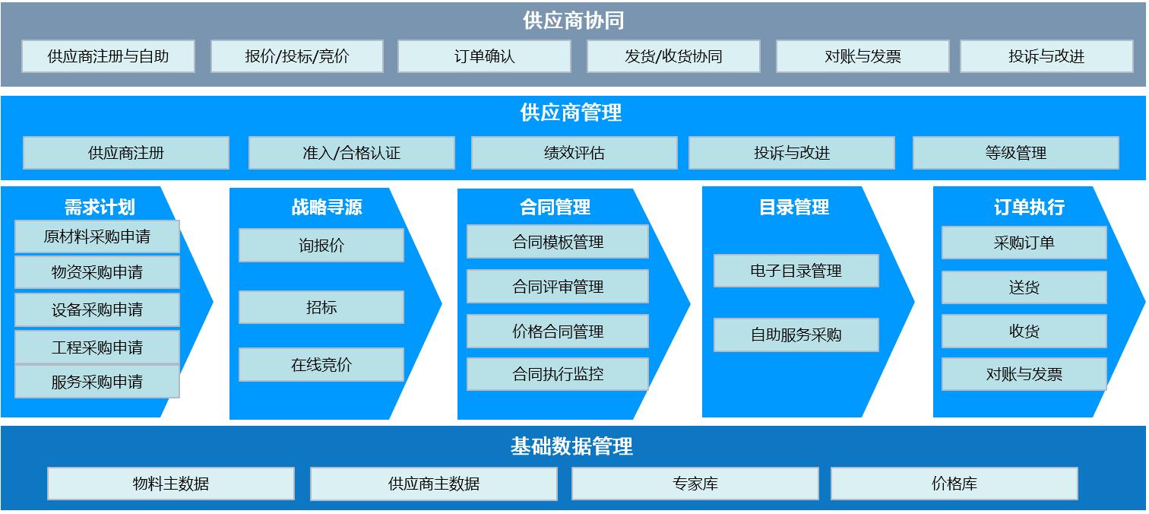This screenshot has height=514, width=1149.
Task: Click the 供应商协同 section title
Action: pos(574,21)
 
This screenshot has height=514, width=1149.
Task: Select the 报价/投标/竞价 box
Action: pos(297,56)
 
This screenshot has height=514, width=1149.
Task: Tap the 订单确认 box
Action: pos(484,56)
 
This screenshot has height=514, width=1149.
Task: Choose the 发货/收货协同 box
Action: pos(673,56)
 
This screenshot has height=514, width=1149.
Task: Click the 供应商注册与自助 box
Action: pos(108,56)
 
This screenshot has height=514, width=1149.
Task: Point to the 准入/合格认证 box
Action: pos(351,153)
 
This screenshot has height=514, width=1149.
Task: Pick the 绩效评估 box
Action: pos(574,153)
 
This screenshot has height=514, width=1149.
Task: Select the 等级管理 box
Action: pos(1015,153)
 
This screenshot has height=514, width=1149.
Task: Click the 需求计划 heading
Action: pos(100,207)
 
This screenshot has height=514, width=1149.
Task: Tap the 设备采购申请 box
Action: pos(97,309)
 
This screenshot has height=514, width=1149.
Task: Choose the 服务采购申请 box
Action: pos(97,382)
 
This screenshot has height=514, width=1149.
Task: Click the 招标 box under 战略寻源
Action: pos(321,307)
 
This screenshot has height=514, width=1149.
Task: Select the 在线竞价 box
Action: pos(321,365)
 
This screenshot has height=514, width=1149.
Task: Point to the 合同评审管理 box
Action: pos(558,287)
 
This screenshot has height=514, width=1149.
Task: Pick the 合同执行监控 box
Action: pos(558,374)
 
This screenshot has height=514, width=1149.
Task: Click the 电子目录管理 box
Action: pos(796,271)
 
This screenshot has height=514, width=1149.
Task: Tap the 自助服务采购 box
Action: pos(796,335)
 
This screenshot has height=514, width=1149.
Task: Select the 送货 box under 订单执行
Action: pos(1024,287)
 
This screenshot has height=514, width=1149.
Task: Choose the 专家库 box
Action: pos(695,484)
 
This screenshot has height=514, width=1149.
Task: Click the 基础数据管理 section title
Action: pos(571,446)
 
